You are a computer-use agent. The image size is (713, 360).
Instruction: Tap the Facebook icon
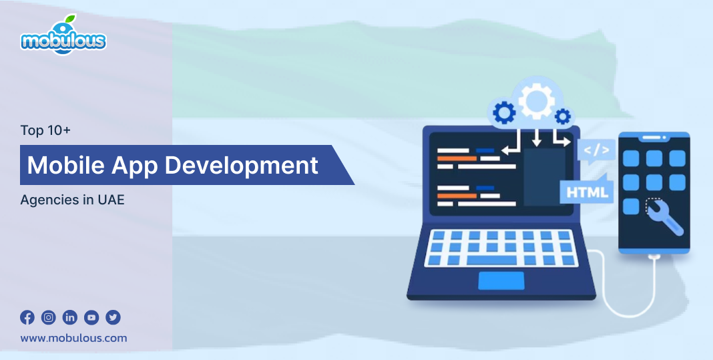(x=27, y=317)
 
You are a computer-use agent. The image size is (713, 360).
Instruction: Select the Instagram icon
(x=49, y=317)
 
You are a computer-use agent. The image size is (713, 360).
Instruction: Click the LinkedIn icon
(x=70, y=317)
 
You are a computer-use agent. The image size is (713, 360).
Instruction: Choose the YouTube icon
(x=91, y=317)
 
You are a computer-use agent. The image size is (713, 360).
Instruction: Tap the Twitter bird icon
(x=113, y=317)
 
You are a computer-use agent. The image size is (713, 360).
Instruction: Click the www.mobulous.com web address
(x=73, y=338)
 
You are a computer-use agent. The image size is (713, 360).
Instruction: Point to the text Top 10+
(x=45, y=131)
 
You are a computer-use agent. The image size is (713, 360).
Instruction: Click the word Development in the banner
(x=241, y=166)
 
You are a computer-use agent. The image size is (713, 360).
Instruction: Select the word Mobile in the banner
(x=66, y=165)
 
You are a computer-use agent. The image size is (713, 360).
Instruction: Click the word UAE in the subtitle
(x=111, y=200)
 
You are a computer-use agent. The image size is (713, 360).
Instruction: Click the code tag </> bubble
(x=596, y=151)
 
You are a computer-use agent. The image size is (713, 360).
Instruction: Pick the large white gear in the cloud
(x=537, y=100)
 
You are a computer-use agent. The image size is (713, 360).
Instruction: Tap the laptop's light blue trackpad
(x=501, y=281)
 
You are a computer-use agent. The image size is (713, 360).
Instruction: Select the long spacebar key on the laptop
(x=491, y=260)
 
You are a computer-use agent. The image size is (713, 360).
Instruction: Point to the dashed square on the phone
(x=654, y=206)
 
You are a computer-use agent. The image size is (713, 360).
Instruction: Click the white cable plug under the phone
(x=654, y=258)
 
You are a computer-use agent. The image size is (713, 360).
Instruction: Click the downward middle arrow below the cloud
(x=537, y=138)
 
